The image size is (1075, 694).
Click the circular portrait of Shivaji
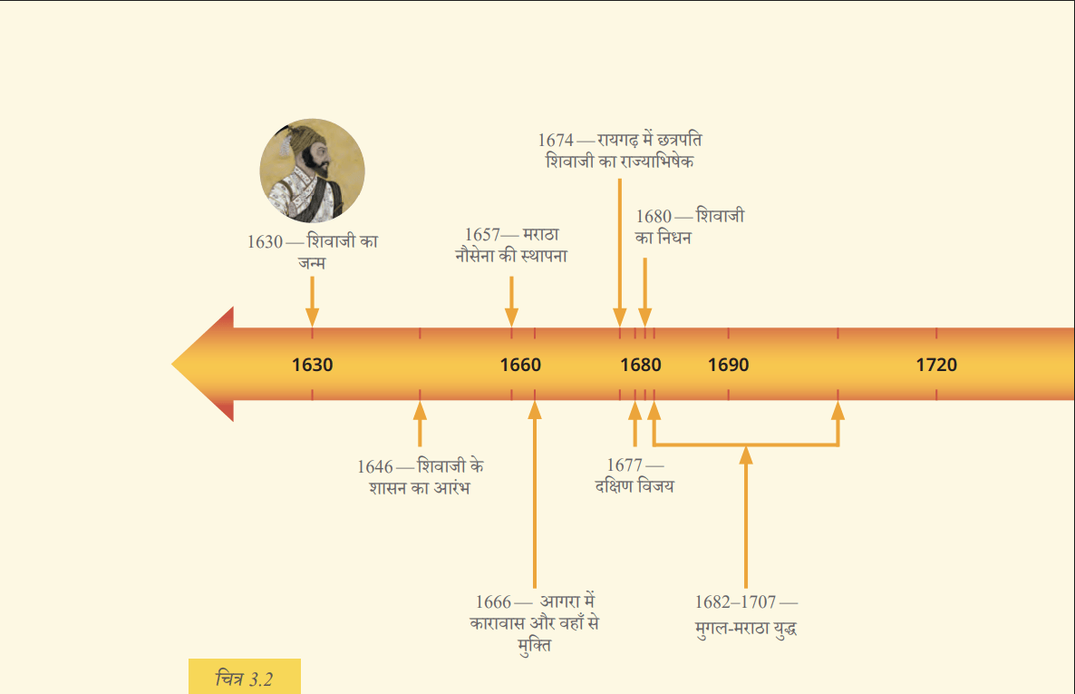pos(312,171)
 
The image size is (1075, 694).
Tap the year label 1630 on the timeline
pos(312,365)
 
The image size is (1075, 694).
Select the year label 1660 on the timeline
pos(520,365)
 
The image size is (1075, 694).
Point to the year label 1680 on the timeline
pos(640,365)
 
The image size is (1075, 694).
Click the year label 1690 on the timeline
pos(728,365)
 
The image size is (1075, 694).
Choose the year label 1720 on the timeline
pos(936,365)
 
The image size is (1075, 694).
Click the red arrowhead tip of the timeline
pos(172,364)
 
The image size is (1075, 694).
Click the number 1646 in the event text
pos(375,467)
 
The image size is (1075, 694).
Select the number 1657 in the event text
pos(482,235)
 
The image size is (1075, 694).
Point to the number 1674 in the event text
pos(556,140)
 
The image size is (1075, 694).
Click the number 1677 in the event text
pos(625,465)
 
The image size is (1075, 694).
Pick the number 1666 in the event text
pos(494,602)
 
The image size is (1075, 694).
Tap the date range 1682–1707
pos(735,602)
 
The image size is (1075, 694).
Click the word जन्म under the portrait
pos(312,263)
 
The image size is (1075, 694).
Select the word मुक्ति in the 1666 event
pos(535,645)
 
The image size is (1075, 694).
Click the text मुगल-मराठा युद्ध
pos(746,629)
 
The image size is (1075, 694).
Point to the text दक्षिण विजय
pos(634,486)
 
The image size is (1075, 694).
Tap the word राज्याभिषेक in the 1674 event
pos(657,161)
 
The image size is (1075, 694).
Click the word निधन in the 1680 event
pos(674,238)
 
